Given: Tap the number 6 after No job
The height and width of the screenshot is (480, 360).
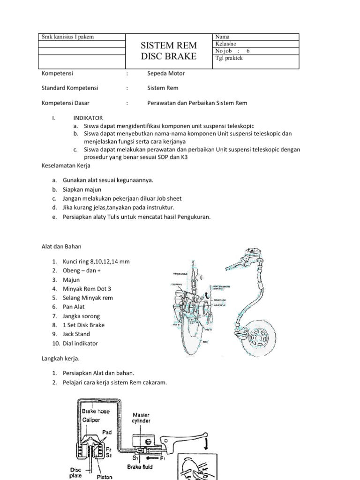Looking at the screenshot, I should pyautogui.click(x=248, y=51).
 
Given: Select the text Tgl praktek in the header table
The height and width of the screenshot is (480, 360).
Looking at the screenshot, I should pyautogui.click(x=229, y=58).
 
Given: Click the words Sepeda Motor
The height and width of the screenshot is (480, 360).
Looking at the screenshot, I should pyautogui.click(x=166, y=74).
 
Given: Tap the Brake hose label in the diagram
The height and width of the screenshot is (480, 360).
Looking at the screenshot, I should pyautogui.click(x=96, y=411).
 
